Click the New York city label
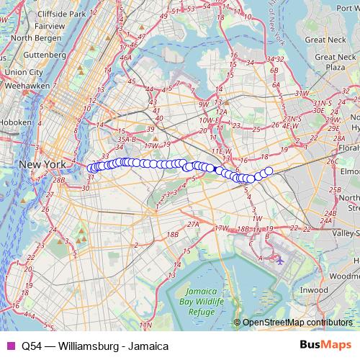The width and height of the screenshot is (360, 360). (x=42, y=164)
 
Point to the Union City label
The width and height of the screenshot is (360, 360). (x=24, y=72)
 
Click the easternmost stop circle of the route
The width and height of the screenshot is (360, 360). (x=269, y=171)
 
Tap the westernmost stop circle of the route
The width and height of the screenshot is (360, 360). (x=91, y=168)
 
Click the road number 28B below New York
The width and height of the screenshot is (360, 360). (x=60, y=179)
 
